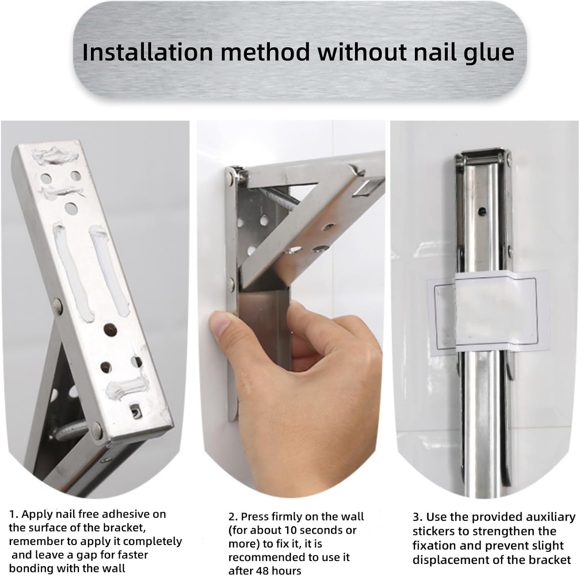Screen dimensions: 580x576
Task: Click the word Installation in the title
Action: pyautogui.click(x=148, y=52)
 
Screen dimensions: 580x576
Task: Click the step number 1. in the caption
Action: pyautogui.click(x=14, y=514)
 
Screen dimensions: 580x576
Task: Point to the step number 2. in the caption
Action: pyautogui.click(x=233, y=517)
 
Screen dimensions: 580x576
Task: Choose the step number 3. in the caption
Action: pyautogui.click(x=418, y=517)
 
